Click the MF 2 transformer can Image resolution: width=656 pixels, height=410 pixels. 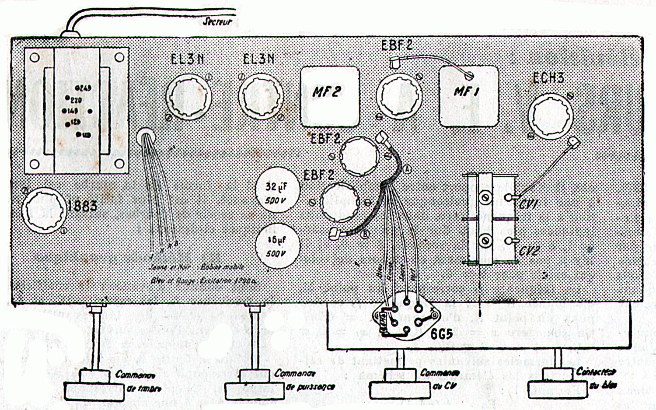[x=329, y=94]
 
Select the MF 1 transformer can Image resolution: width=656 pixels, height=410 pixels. [x=469, y=95]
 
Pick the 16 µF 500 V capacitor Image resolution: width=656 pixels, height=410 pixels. [x=277, y=245]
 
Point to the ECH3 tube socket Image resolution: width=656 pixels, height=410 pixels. [x=550, y=116]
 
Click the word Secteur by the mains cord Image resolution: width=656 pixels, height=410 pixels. [x=216, y=21]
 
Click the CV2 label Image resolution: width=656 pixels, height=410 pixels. [x=529, y=251]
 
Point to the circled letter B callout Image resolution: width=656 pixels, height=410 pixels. [x=364, y=235]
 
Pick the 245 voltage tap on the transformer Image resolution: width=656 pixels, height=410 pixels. [x=84, y=88]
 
